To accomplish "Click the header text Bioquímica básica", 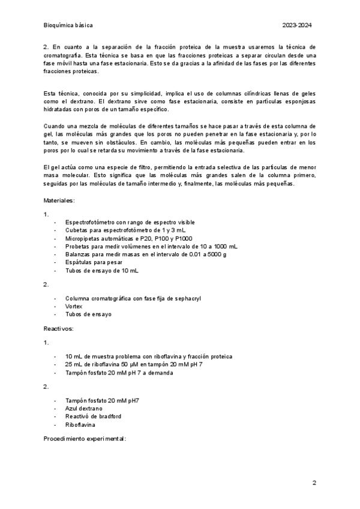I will (68, 26).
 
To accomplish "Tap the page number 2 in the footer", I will (314, 483).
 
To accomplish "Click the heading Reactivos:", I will (58, 329).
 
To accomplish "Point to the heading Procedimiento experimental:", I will (85, 439).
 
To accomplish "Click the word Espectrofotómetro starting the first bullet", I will (90, 222).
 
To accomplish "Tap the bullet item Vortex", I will (74, 306).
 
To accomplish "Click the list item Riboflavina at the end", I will (80, 424).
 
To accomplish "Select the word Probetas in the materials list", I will (79, 246).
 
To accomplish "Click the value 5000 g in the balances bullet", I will (217, 254).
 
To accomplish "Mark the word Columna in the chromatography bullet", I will (78, 298).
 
